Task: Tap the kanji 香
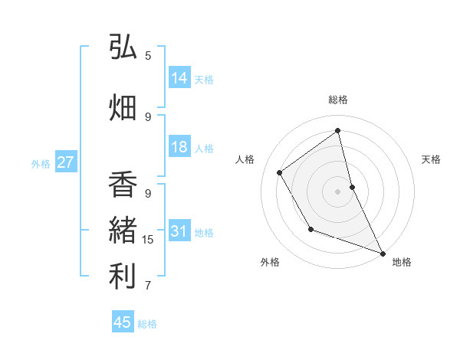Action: click(123, 185)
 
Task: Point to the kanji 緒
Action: click(123, 231)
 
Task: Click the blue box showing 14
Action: click(179, 78)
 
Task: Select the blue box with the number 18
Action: click(179, 147)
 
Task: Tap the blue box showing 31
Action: click(179, 231)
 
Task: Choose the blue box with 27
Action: click(66, 162)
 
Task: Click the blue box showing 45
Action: click(123, 322)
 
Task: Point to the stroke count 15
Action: click(148, 240)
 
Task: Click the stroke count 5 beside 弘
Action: click(148, 55)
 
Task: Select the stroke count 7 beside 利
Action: click(148, 286)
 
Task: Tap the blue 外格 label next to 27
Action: click(40, 163)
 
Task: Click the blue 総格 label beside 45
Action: click(147, 324)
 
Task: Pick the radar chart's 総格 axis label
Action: click(337, 100)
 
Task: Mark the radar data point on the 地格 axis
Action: click(383, 254)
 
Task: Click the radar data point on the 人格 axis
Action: click(280, 172)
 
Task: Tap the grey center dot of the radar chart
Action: click(337, 191)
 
